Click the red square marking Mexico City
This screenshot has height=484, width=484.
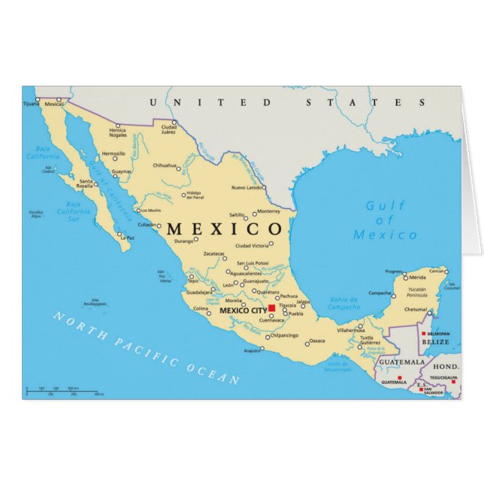[271, 308]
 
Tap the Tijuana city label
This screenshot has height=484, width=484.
[30, 104]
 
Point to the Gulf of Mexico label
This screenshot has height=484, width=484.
[385, 220]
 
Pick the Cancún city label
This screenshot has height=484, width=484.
[437, 271]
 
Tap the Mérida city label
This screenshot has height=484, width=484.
[417, 277]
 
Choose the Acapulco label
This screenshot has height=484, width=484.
[253, 351]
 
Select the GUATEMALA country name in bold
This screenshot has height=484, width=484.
[396, 362]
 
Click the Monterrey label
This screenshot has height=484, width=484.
[268, 211]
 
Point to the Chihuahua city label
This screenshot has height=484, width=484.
[165, 165]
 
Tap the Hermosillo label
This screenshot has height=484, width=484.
[113, 153]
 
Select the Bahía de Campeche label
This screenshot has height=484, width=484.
[343, 304]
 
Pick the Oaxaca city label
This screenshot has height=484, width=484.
[317, 340]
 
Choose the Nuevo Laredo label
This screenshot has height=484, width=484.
[247, 187]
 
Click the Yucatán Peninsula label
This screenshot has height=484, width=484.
[417, 292]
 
